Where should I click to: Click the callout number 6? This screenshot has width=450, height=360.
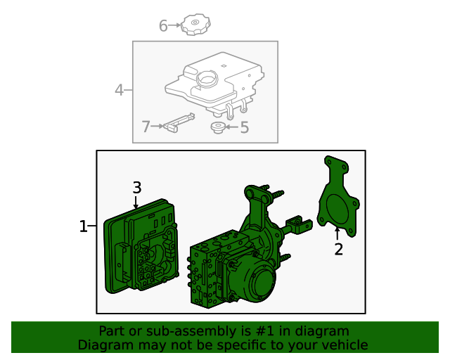[163, 27]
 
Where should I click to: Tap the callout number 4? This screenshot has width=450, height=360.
[120, 90]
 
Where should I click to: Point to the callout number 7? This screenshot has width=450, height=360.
[146, 127]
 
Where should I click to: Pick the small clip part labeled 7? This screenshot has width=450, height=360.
[179, 122]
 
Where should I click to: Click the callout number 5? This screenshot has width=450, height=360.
[244, 128]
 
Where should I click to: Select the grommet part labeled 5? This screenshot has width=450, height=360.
[218, 127]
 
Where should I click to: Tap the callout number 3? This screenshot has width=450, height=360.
[137, 188]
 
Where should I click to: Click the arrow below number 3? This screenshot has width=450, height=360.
[137, 202]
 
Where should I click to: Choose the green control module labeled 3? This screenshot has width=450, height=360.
[141, 250]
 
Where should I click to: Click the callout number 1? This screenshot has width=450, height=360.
[83, 226]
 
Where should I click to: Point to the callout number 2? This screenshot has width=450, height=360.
[338, 249]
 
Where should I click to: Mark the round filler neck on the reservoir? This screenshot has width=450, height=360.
[209, 79]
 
